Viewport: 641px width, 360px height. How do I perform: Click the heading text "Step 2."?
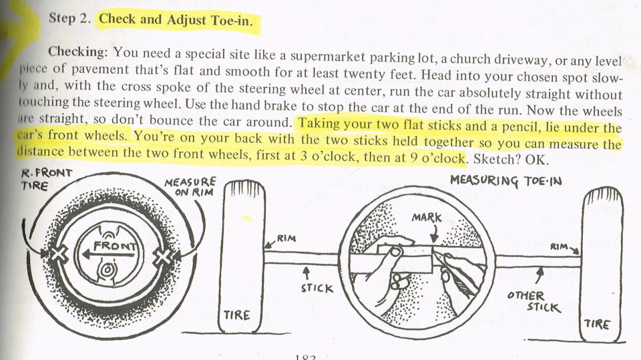coord(69,19)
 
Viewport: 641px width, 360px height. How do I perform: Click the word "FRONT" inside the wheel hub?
coord(118,245)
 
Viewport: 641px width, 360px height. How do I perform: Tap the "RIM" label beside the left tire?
coord(286,238)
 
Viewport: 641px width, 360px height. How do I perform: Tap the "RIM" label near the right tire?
coord(559,246)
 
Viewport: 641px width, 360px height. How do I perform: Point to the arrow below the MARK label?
coord(433,233)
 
